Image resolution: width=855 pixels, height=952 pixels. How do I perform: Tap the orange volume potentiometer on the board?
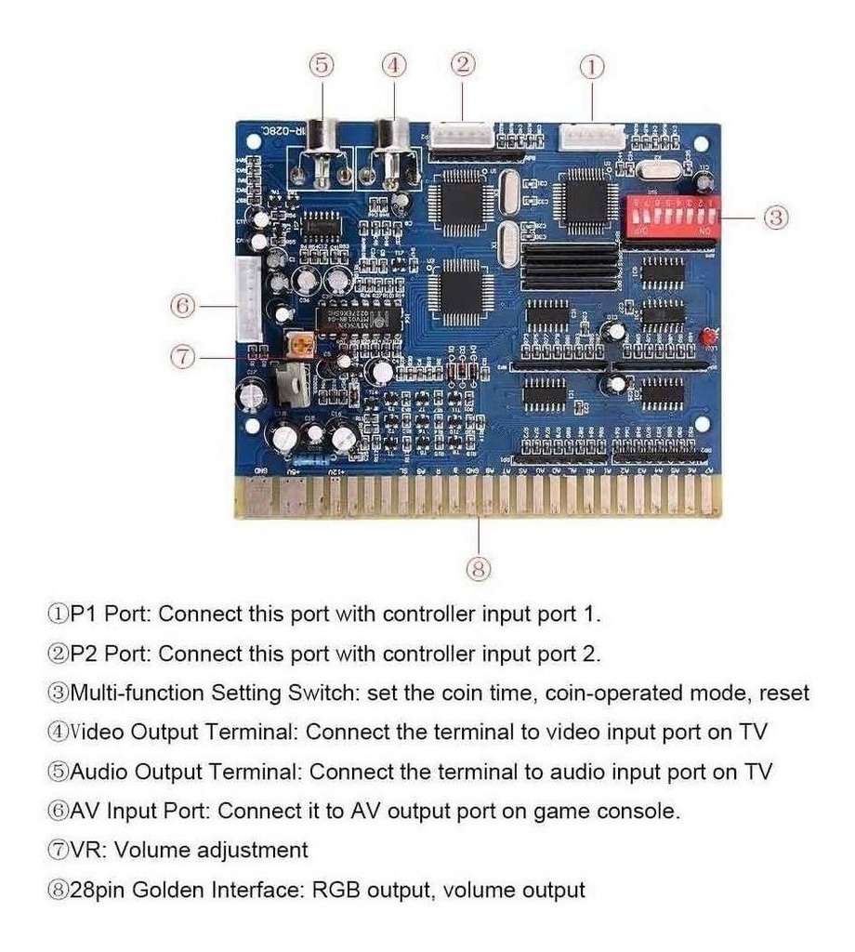pos(299,345)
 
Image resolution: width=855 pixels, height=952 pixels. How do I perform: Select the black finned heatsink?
pos(571,264)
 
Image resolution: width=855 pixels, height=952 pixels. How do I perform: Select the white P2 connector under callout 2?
pos(462,136)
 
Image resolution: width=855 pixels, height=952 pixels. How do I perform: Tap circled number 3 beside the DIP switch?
pos(776,218)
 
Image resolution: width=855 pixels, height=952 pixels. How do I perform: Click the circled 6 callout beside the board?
pos(183,304)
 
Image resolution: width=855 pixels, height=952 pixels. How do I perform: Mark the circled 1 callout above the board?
pos(592,65)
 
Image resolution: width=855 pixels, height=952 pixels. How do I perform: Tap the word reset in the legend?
pos(783,693)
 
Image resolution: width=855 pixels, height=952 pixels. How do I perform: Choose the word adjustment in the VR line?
pos(251,850)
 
